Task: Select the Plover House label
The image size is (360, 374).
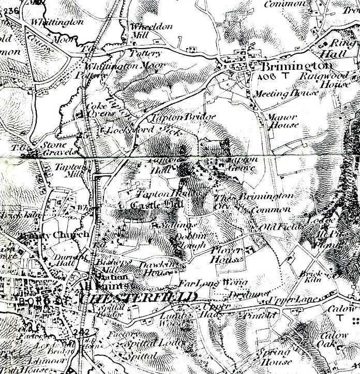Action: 227,254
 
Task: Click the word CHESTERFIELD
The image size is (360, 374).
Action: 138,297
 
